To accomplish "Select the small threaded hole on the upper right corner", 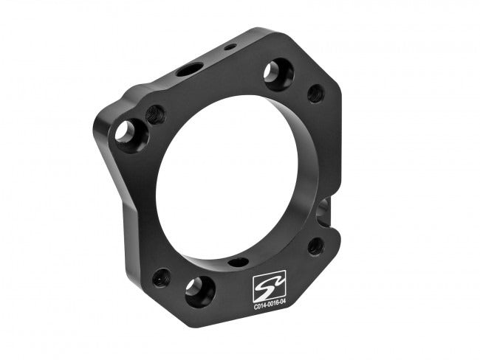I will tap(315, 94).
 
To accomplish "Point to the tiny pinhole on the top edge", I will tap(230, 47).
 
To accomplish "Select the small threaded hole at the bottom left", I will tap(161, 277).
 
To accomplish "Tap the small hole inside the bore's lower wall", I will tap(238, 261).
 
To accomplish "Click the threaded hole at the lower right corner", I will tap(315, 245).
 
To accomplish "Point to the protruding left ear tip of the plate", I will tap(96, 133).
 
